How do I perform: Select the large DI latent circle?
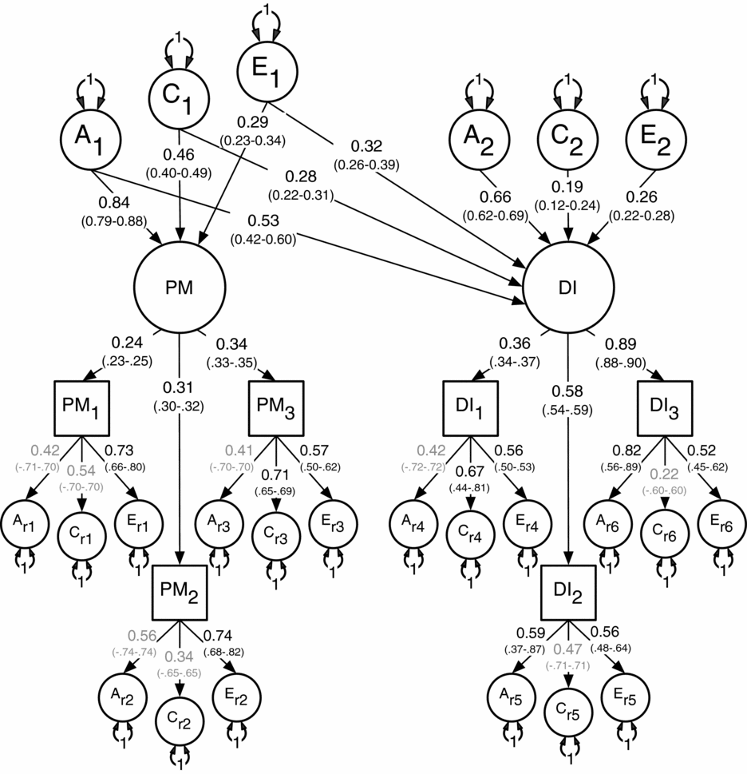[x=567, y=288]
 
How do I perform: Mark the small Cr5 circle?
[x=568, y=713]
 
